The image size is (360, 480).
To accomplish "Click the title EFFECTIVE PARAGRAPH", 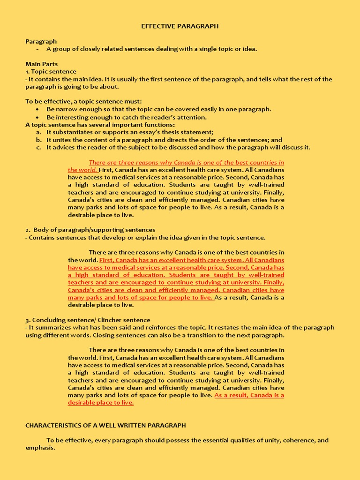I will (x=180, y=26).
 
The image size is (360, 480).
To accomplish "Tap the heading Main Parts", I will (x=41, y=64).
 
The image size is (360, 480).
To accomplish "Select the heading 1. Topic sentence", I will (x=51, y=71).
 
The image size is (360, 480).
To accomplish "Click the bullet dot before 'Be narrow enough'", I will (x=37, y=109).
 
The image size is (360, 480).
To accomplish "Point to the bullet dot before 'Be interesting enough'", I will (x=37, y=117).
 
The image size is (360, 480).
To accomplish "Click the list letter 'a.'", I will (x=39, y=132).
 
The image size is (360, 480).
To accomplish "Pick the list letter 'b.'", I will (x=39, y=140).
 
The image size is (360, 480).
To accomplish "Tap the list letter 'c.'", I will (x=39, y=147).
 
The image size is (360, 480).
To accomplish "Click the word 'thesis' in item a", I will (x=176, y=132).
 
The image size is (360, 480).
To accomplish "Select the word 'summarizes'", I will (x=52, y=327).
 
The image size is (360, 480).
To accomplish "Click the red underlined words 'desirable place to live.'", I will (x=101, y=402).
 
